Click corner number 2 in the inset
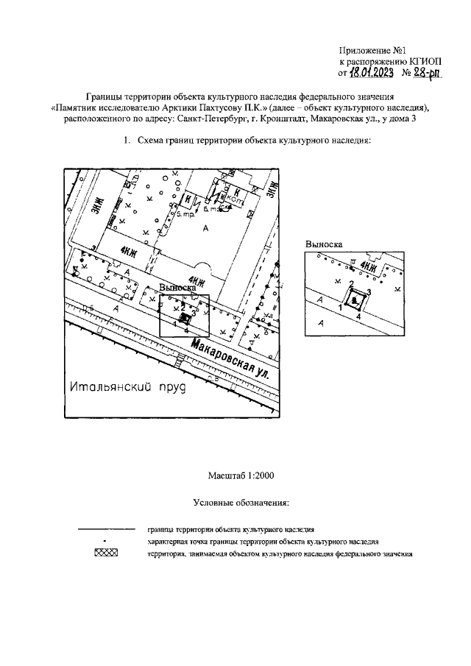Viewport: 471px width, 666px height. [351, 284]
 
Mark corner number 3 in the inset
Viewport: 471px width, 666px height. [368, 292]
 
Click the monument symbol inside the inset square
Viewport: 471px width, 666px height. [355, 299]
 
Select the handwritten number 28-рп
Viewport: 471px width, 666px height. [430, 73]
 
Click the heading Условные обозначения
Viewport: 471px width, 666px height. [240, 503]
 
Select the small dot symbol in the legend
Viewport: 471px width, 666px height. [106, 541]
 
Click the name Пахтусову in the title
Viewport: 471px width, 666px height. [219, 107]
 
